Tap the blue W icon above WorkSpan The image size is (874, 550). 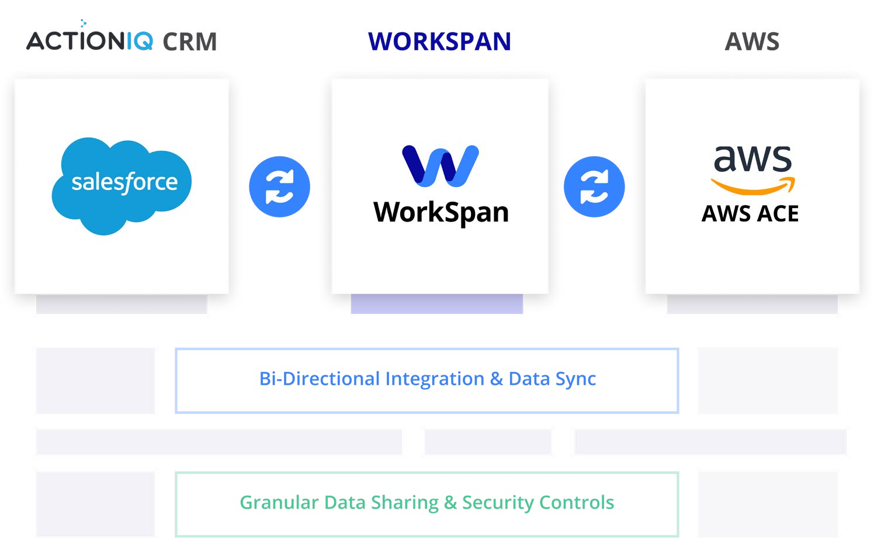[x=441, y=166]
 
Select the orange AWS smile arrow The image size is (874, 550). [x=753, y=186]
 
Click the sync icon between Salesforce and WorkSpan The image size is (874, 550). [x=279, y=187]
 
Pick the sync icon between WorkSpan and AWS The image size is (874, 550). [x=594, y=187]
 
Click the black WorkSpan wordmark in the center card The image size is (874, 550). [x=441, y=213]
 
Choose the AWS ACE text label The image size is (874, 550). [x=750, y=214]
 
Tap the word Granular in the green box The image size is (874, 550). [x=279, y=503]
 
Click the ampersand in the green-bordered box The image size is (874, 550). [x=450, y=503]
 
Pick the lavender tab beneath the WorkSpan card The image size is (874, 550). [x=436, y=305]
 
